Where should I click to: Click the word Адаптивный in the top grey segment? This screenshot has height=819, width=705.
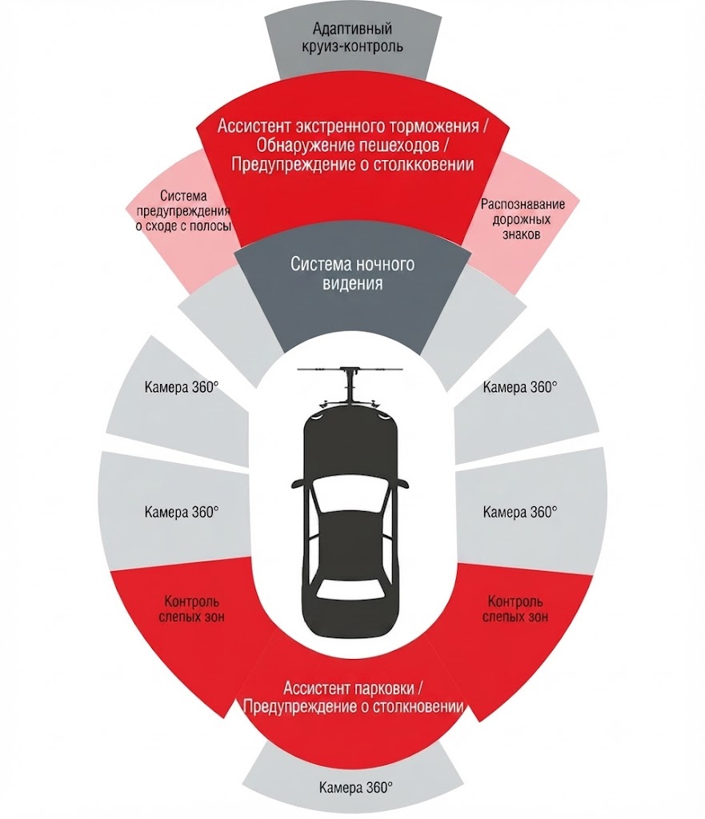[x=352, y=28]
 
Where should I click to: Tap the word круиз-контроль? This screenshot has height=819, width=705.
[x=352, y=46]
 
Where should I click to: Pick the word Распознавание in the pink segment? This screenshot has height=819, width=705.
[x=523, y=204]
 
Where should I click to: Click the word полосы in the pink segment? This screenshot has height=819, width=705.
[x=212, y=226]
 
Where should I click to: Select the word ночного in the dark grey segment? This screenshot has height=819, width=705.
[x=385, y=264]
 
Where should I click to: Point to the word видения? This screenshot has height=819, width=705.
[x=353, y=283]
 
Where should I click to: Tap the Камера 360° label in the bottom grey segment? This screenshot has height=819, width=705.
[x=356, y=787]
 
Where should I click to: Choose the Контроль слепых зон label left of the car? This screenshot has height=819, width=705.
[x=191, y=609]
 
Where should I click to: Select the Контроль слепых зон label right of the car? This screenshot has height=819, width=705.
[x=515, y=609]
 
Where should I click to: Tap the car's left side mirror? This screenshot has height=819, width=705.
[x=299, y=482]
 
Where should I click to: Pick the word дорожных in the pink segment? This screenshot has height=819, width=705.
[x=522, y=219]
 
